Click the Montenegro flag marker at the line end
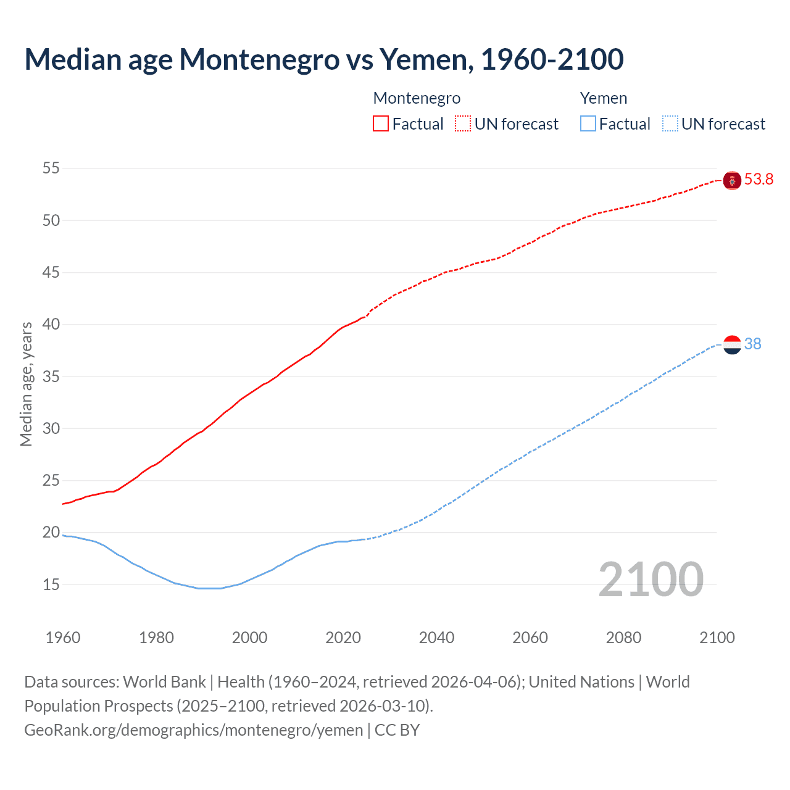pyautogui.click(x=732, y=180)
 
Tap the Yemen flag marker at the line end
pyautogui.click(x=732, y=344)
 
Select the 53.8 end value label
pyautogui.click(x=759, y=180)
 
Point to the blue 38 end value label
pyautogui.click(x=752, y=344)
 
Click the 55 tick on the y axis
pyautogui.click(x=51, y=168)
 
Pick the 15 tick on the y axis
pyautogui.click(x=51, y=584)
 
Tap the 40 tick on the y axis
pyautogui.click(x=51, y=325)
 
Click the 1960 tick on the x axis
pyautogui.click(x=63, y=638)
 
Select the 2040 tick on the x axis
pyautogui.click(x=436, y=638)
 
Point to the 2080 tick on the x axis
pyautogui.click(x=623, y=638)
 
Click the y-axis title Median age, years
pyautogui.click(x=26, y=384)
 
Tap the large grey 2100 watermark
pyautogui.click(x=651, y=579)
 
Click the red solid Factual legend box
pyautogui.click(x=381, y=124)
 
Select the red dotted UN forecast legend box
pyautogui.click(x=463, y=124)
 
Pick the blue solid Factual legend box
pyautogui.click(x=588, y=124)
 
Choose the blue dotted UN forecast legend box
pyautogui.click(x=670, y=124)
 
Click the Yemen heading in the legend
pyautogui.click(x=603, y=99)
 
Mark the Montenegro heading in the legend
pyautogui.click(x=417, y=99)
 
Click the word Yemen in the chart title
pyautogui.click(x=425, y=60)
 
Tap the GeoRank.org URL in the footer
pyautogui.click(x=193, y=730)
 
